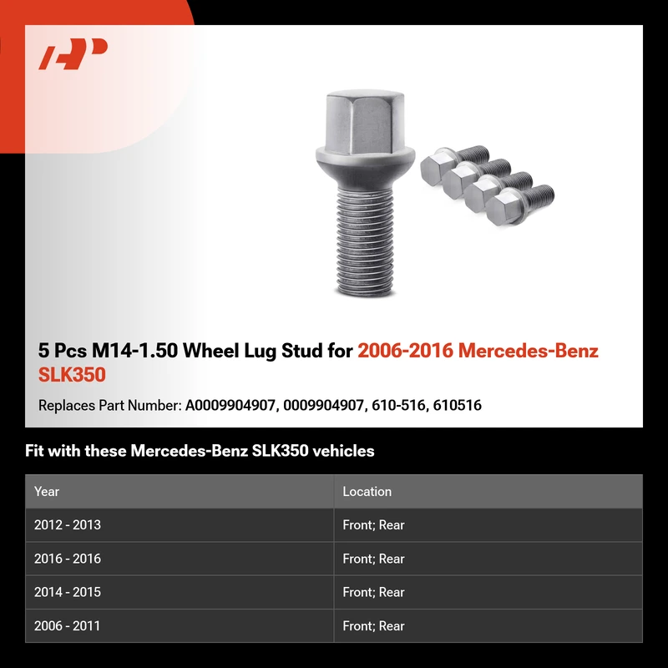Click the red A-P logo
(x=73, y=53)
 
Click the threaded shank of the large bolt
(x=365, y=240)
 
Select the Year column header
(x=47, y=491)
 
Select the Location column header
(x=367, y=491)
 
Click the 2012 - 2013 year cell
(x=68, y=524)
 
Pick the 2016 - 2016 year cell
(x=68, y=559)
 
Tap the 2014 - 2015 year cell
(x=68, y=592)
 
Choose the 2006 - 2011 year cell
(x=67, y=625)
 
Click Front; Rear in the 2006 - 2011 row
(x=373, y=625)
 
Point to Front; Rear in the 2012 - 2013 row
(x=373, y=524)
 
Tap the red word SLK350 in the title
(x=72, y=375)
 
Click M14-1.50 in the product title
(x=134, y=351)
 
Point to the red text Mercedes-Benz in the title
(x=529, y=351)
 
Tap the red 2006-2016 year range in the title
(x=405, y=351)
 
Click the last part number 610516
(x=457, y=405)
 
